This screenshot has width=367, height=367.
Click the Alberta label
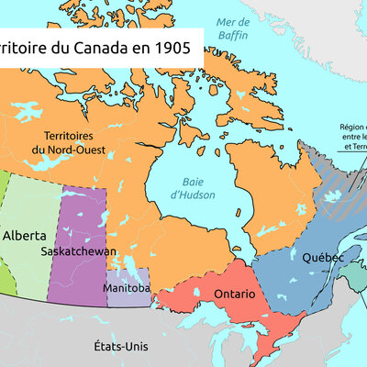(26, 235)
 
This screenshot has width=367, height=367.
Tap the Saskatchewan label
(78, 250)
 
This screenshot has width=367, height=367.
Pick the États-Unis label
(120, 346)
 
